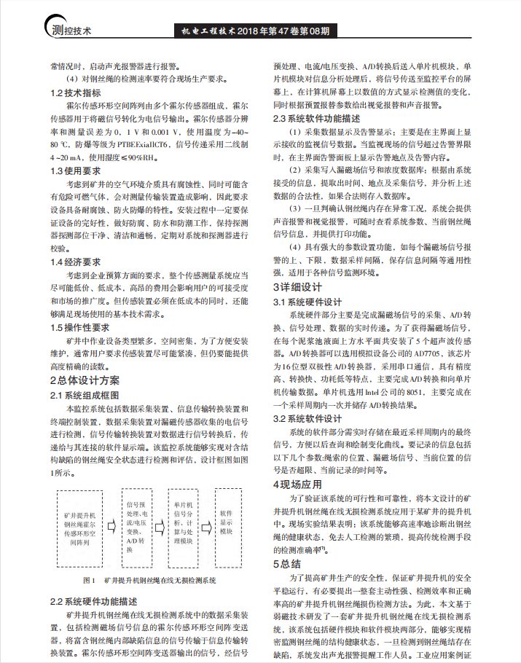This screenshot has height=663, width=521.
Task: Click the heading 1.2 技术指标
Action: click(x=76, y=93)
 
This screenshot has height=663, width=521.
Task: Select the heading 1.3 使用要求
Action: click(x=76, y=170)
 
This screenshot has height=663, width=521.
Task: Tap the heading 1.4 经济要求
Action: click(x=76, y=261)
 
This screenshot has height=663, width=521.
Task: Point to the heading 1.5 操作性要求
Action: click(x=80, y=327)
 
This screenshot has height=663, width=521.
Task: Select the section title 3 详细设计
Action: click(x=297, y=287)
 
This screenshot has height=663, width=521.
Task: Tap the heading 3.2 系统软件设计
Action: click(x=307, y=419)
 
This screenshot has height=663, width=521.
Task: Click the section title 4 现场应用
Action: click(x=297, y=484)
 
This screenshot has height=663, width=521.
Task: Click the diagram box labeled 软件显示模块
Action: click(x=226, y=522)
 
